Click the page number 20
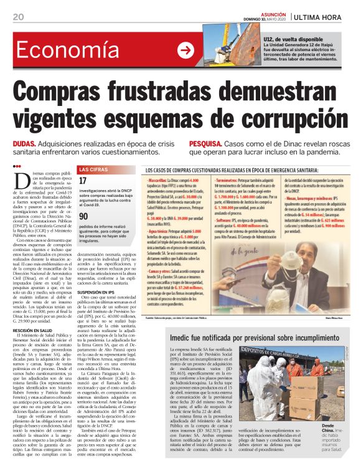click(x=17, y=17)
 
